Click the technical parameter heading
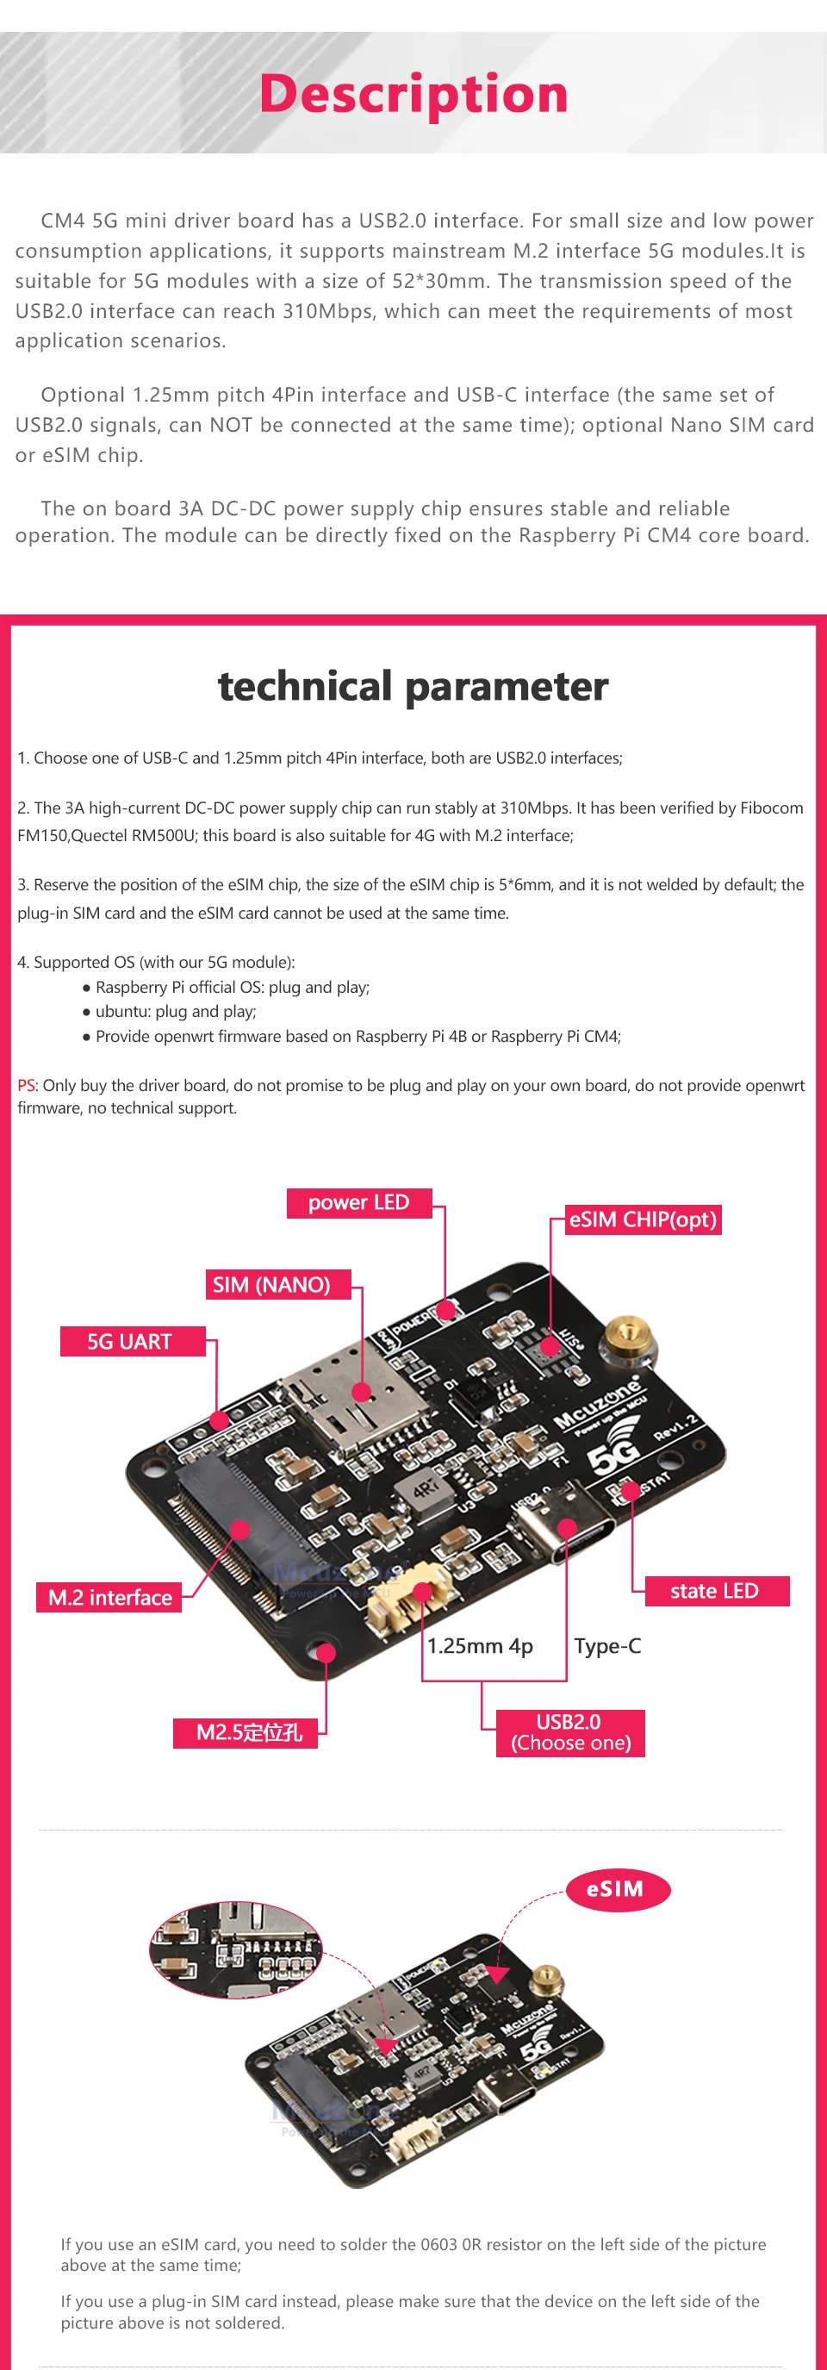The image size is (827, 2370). coord(413,686)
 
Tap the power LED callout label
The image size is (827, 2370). coord(358,1202)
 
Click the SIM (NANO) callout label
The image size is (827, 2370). coord(271,1284)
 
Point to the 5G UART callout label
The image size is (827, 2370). coord(130,1341)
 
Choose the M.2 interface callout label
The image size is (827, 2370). coord(110,1597)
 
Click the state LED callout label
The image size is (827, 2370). coord(715,1591)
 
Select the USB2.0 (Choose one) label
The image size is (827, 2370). coord(570,1732)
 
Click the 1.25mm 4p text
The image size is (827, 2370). coord(479,1646)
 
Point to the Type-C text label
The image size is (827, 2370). coord(607,1646)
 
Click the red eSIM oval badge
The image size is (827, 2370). coord(615,1889)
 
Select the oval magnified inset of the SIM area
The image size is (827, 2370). coord(235,1949)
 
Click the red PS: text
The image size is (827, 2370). coord(27,1086)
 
